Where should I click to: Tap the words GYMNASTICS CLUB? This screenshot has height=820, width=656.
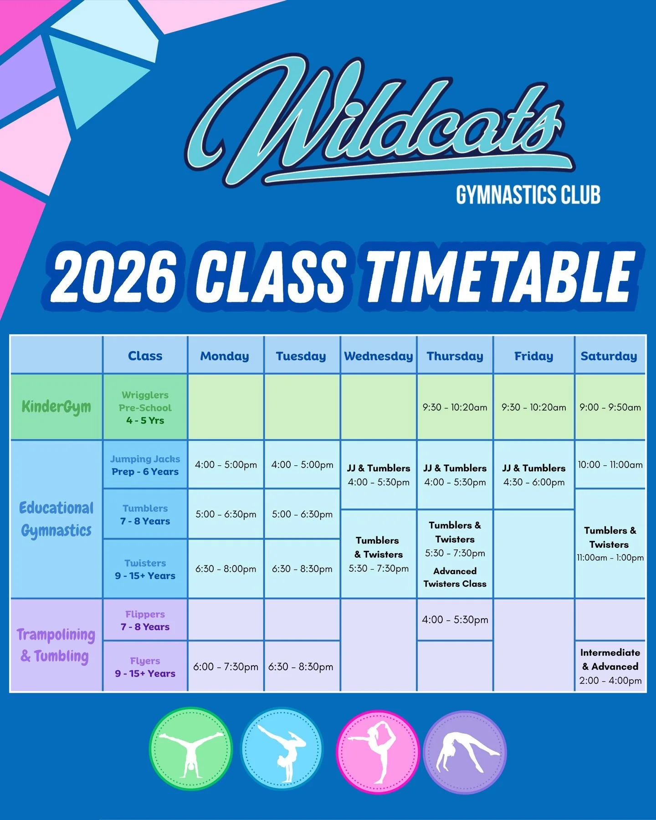pos(528,195)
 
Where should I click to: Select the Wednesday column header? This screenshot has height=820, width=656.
pos(378,356)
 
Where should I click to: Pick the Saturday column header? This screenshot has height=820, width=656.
pos(609,356)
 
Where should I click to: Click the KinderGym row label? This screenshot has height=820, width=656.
pos(56,407)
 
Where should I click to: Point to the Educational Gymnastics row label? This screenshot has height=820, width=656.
pos(56,519)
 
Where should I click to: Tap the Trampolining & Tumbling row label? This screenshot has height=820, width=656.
pos(56,645)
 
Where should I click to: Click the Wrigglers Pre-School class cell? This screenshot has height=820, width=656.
pos(145,407)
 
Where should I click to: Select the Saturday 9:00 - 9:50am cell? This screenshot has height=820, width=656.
pos(610,407)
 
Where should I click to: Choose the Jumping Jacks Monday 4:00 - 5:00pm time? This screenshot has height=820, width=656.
pos(226,465)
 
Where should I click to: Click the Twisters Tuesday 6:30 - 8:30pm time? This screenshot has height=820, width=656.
pos(302,569)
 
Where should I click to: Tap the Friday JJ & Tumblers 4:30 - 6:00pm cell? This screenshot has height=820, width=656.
pos(533,475)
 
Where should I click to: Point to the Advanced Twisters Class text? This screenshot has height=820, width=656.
pos(455,577)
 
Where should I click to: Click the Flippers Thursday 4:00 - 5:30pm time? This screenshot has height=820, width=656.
pos(455,620)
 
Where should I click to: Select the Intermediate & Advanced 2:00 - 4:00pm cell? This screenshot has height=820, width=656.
pos(610,666)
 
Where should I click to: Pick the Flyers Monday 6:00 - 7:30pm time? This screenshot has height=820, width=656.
pos(225,667)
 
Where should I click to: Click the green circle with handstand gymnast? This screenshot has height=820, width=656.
pos(191,749)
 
